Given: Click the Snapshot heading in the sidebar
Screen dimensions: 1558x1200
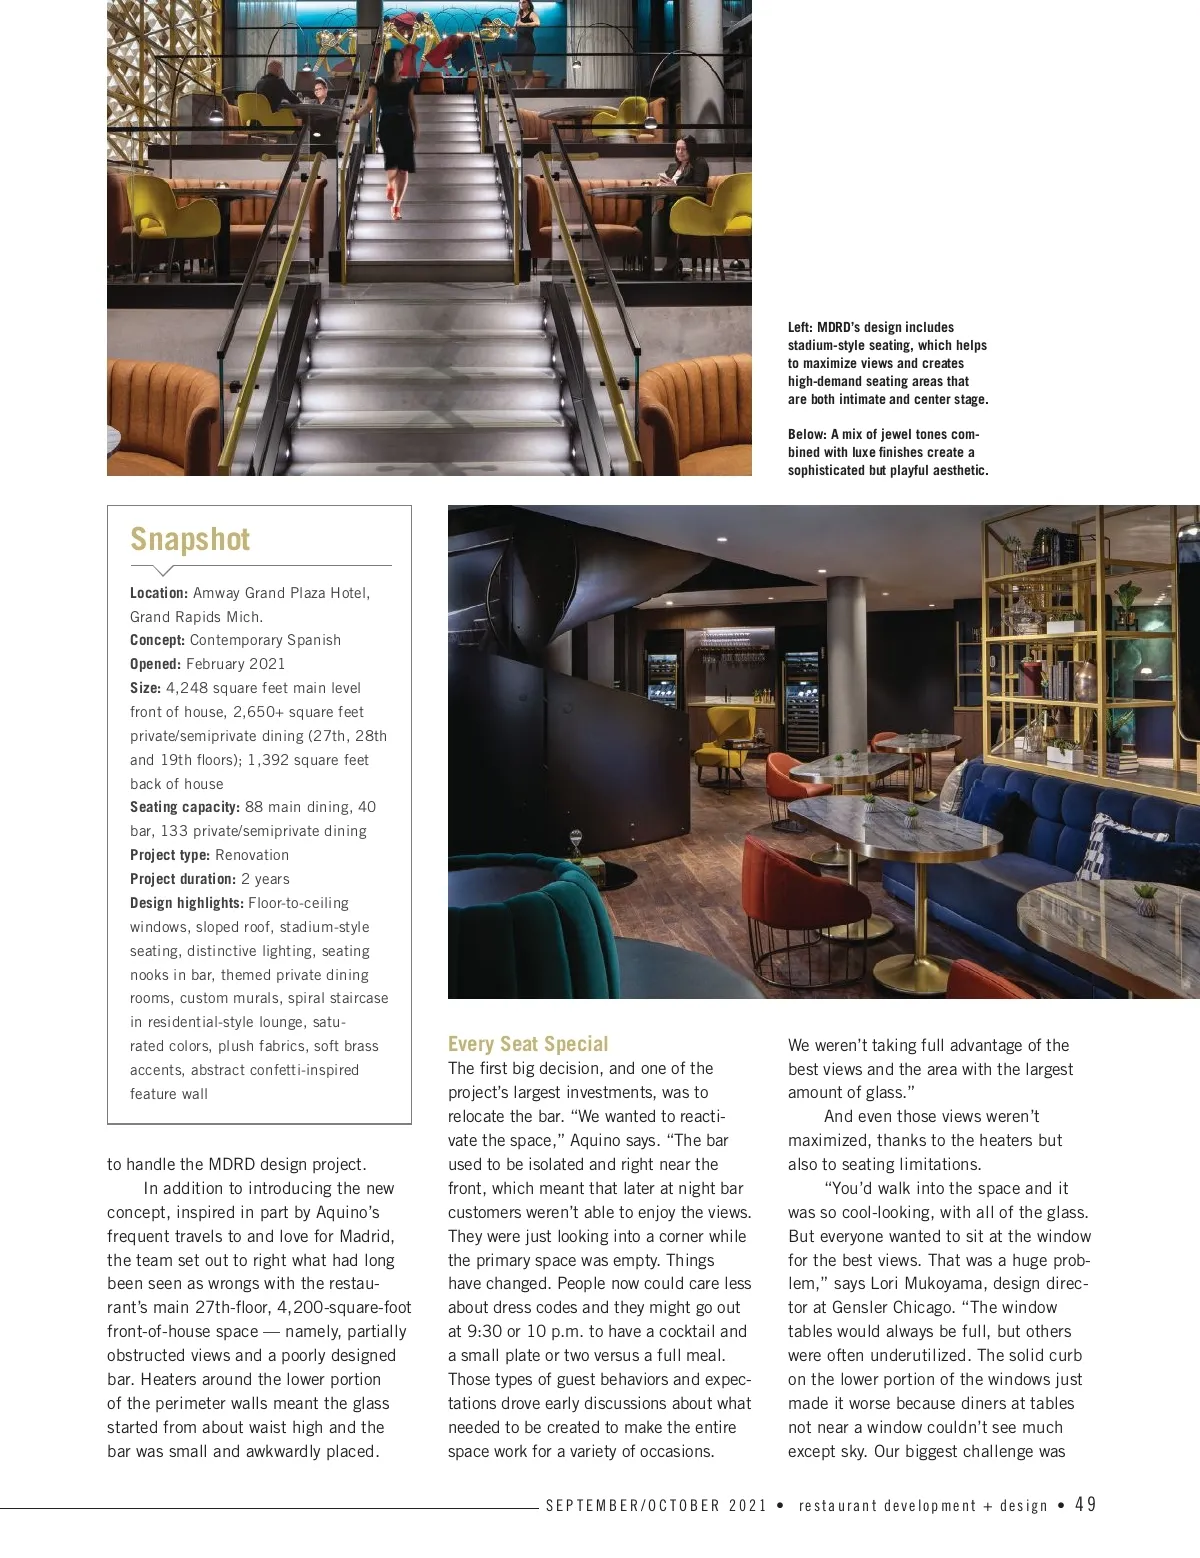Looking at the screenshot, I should coord(190,539).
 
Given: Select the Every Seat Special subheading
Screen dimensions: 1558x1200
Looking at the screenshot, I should coord(527,1044).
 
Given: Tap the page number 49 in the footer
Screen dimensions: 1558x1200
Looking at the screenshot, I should coord(1086,1505).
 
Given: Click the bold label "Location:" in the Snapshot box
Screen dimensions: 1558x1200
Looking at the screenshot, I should coord(159,593).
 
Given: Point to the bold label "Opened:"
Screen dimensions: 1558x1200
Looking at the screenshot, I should coord(155,664).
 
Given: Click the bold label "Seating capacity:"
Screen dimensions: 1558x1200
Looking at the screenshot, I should coord(185,807).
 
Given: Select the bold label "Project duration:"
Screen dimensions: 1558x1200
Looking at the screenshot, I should coord(183,879).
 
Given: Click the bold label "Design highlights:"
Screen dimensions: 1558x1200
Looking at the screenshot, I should coord(187,903).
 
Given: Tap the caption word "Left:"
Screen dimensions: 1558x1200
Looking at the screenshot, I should coord(800,327).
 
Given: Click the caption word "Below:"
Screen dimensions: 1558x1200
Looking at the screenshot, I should coord(807,434).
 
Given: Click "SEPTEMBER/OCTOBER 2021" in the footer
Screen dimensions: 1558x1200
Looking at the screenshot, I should coord(656,1505).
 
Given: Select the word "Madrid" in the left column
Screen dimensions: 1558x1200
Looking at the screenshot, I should coord(369,1236).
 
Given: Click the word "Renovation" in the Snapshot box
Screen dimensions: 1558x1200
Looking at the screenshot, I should coord(251,855).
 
